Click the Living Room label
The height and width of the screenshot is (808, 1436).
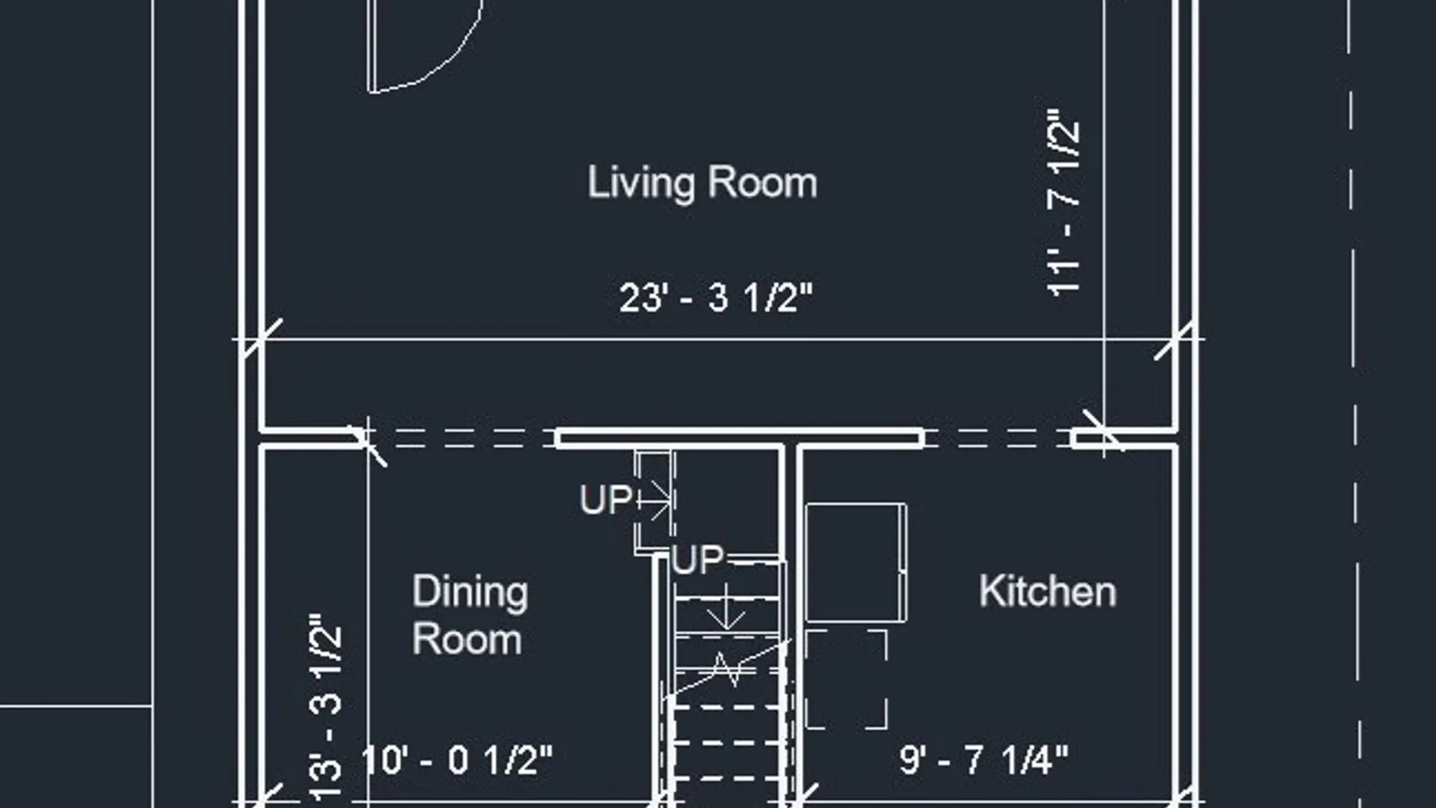point(702,183)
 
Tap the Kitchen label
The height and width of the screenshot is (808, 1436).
point(1048,591)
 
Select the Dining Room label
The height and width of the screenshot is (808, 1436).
point(470,616)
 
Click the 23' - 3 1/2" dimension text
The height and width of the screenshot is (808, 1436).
point(716,298)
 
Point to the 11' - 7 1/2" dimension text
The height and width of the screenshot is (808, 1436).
point(1064,203)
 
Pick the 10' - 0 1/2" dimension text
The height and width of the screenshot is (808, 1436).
point(456,760)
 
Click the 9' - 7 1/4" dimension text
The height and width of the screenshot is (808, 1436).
point(984,759)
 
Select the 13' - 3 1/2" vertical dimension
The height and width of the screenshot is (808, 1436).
point(326,707)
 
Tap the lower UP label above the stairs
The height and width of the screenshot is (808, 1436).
point(698,560)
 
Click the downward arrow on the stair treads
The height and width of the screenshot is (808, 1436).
point(726,606)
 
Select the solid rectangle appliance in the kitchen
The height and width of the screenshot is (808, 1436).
point(856,563)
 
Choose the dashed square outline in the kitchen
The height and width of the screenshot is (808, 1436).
point(847,679)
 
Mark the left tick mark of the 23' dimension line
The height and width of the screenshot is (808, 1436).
point(264,338)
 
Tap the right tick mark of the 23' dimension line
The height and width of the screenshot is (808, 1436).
point(1174,340)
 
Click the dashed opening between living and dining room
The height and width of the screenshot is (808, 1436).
point(457,438)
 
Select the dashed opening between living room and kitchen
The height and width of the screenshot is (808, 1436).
point(998,438)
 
